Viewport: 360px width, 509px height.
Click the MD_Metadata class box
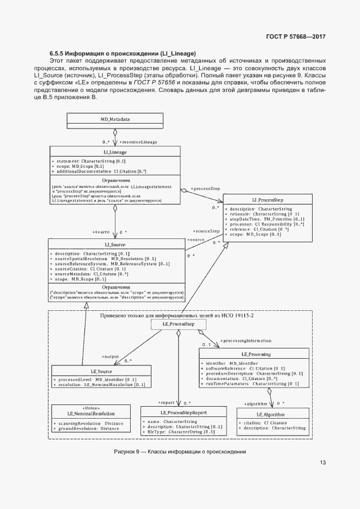115,119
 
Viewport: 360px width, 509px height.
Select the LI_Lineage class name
114,154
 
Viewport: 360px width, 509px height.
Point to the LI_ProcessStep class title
267,200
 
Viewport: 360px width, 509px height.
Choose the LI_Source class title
115,245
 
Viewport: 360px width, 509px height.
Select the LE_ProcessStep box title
179,324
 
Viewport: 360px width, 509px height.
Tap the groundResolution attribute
88,428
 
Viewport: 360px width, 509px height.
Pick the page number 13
322,463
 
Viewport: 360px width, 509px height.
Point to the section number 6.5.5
56,54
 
